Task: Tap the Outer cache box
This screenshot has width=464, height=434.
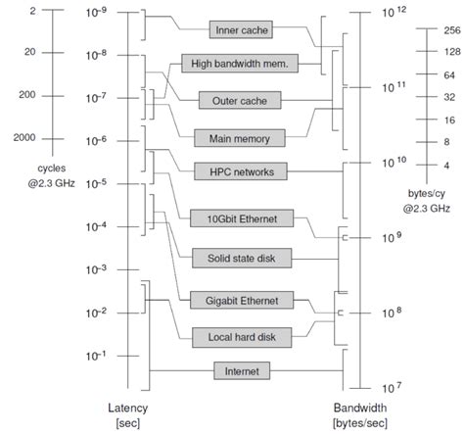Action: (240, 100)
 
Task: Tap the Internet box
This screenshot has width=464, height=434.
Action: (241, 370)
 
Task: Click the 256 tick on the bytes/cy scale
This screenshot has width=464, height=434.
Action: (424, 30)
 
